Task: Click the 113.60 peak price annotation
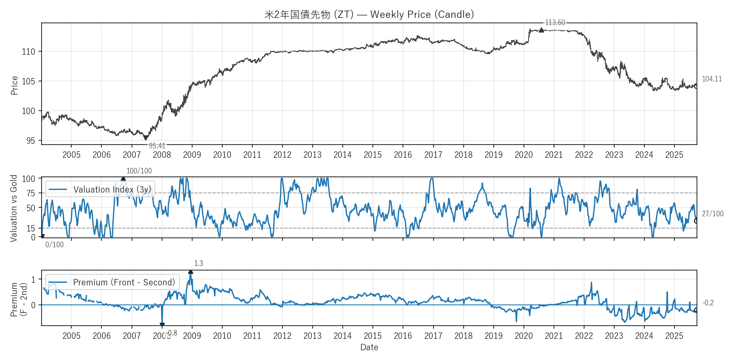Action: pyautogui.click(x=555, y=22)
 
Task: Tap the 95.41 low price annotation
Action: pyautogui.click(x=157, y=146)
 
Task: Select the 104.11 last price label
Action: pyautogui.click(x=711, y=79)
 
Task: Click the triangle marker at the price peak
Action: pyautogui.click(x=541, y=30)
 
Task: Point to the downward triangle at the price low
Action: pyautogui.click(x=145, y=138)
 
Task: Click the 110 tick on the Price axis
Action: pyautogui.click(x=28, y=52)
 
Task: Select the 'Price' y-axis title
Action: pyautogui.click(x=14, y=85)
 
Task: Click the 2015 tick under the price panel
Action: pyautogui.click(x=372, y=155)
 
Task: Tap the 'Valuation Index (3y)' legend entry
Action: pyautogui.click(x=112, y=190)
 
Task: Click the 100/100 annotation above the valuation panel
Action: pyautogui.click(x=139, y=171)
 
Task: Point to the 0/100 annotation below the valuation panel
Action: pyautogui.click(x=54, y=245)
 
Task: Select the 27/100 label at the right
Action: pyautogui.click(x=712, y=214)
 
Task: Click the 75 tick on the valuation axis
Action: pyautogui.click(x=31, y=193)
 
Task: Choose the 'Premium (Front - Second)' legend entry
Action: pyautogui.click(x=124, y=282)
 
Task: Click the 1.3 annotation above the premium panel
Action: pyautogui.click(x=199, y=263)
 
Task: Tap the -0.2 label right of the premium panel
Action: pyautogui.click(x=708, y=303)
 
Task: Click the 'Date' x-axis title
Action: pyautogui.click(x=369, y=347)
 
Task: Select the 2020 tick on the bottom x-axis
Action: pyautogui.click(x=523, y=336)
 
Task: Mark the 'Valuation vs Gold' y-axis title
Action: pyautogui.click(x=14, y=208)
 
